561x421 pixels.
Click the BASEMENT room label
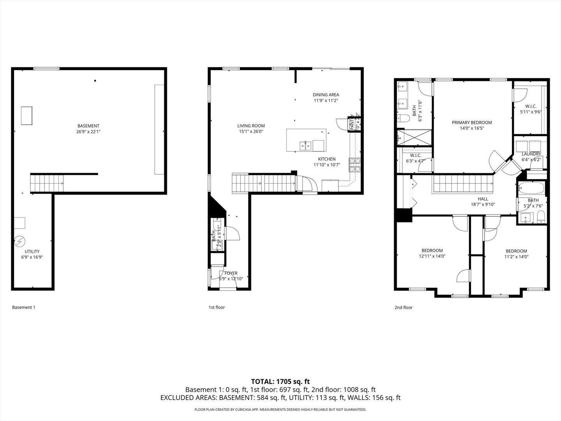[x=88, y=126]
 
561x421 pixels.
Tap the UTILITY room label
[x=32, y=251]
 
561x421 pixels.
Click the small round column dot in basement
[x=95, y=81]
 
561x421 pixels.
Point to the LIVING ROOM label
[x=251, y=126]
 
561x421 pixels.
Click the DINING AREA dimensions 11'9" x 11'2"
[x=326, y=101]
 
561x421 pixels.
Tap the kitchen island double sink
[x=305, y=146]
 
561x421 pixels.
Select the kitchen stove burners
[x=355, y=165]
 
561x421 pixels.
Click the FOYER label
[x=231, y=273]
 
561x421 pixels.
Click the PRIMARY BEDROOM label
[x=472, y=122]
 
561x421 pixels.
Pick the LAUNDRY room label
[x=531, y=154]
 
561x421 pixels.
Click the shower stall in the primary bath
[x=414, y=138]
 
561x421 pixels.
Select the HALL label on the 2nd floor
[x=483, y=199]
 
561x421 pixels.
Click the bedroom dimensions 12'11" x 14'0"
[x=432, y=256]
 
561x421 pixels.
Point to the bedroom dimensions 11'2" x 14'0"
[x=516, y=257]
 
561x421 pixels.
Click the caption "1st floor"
[x=217, y=308]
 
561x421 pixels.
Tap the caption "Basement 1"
[x=24, y=308]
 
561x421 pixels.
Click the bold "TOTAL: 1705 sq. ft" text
[x=280, y=381]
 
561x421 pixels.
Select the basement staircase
[x=47, y=183]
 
